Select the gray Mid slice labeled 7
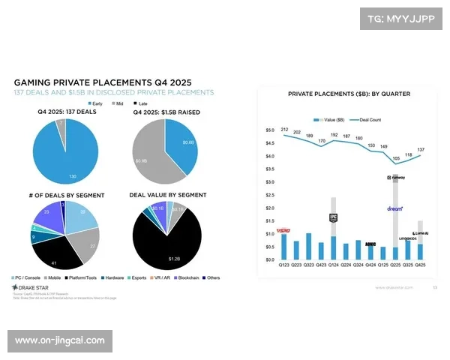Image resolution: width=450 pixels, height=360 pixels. (61, 122)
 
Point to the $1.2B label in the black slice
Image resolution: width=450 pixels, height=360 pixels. (173, 259)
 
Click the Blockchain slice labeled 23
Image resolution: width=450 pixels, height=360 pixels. (46, 213)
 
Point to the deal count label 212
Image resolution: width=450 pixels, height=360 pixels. (285, 130)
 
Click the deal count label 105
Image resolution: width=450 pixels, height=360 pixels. (396, 158)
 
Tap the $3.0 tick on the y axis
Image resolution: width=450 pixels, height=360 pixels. (270, 181)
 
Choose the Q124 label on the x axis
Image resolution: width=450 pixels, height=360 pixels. (334, 265)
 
